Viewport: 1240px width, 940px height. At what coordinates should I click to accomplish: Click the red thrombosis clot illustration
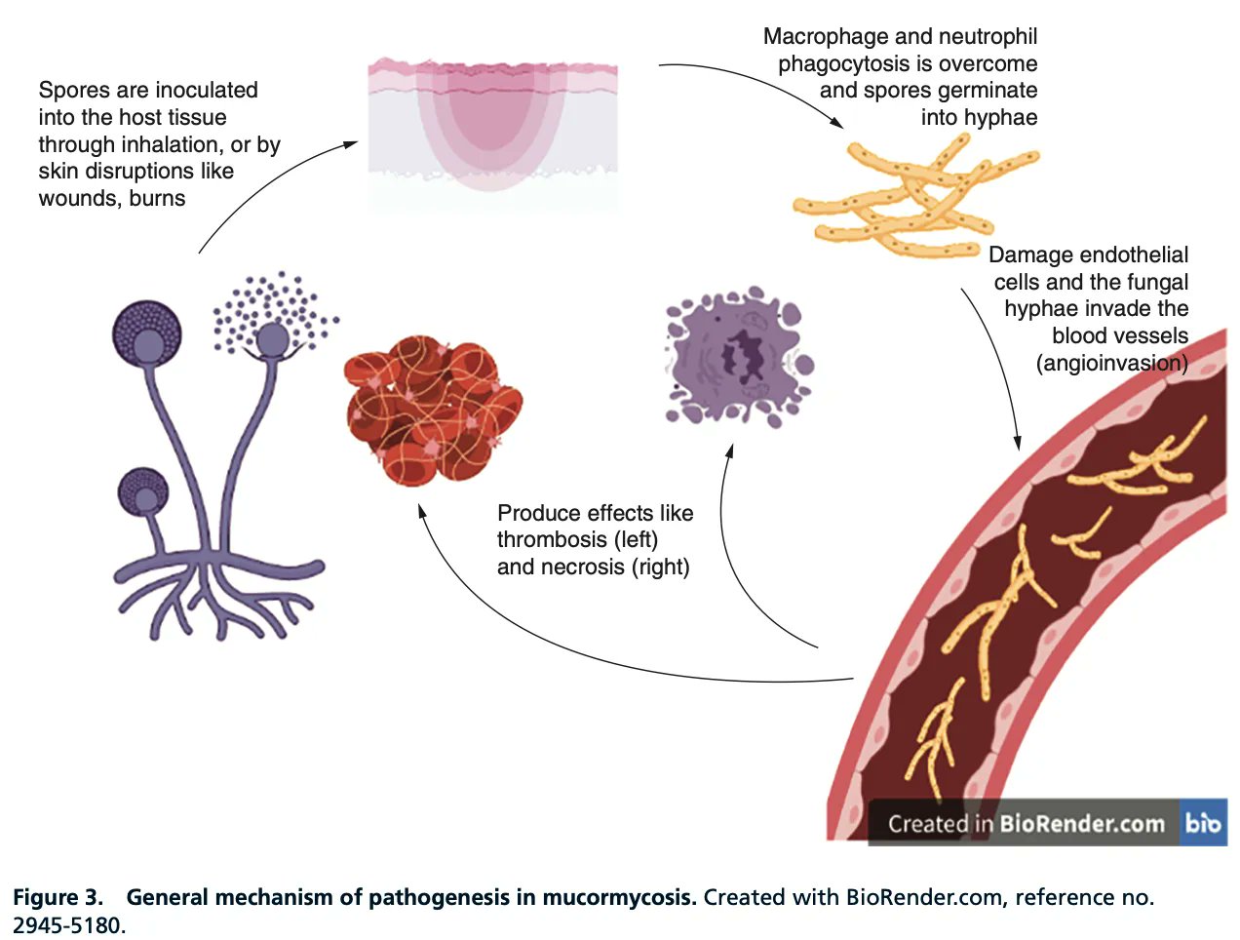click(433, 410)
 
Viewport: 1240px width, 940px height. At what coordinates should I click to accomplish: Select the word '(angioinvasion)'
click(1111, 364)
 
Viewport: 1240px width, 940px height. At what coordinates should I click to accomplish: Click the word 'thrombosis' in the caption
click(552, 540)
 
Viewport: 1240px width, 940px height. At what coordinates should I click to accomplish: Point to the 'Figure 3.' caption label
click(58, 897)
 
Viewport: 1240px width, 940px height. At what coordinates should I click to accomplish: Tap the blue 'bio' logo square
click(1203, 823)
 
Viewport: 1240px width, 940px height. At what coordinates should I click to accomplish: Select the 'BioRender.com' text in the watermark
click(1081, 824)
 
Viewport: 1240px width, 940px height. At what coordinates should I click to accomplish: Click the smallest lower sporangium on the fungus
click(143, 492)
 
